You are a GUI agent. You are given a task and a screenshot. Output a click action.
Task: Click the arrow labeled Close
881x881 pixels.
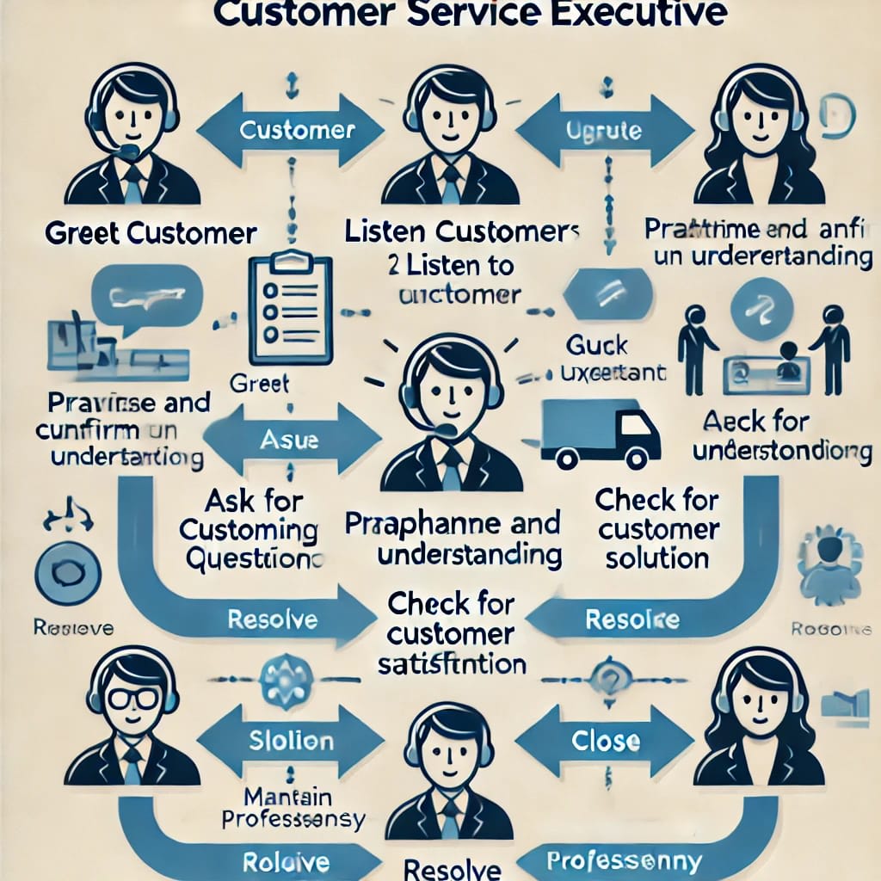(605, 739)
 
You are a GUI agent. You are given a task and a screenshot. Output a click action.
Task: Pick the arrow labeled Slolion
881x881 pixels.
(290, 739)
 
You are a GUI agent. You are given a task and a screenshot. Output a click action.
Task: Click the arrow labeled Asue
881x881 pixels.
(288, 440)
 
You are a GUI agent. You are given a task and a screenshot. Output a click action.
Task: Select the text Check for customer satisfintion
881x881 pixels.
(451, 634)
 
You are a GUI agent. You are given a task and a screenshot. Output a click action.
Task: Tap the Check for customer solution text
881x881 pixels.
(656, 528)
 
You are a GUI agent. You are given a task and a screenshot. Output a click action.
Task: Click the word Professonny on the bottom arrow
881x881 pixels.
(625, 861)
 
